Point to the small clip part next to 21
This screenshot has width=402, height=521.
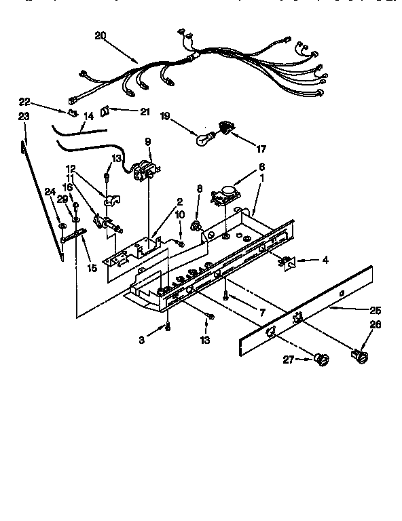tap(106, 111)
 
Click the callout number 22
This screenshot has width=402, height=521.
tap(24, 102)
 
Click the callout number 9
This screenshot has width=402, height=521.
tap(148, 141)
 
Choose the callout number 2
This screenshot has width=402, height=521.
tap(180, 201)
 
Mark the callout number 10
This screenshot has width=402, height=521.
tap(179, 215)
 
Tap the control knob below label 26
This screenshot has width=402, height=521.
tap(358, 353)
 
